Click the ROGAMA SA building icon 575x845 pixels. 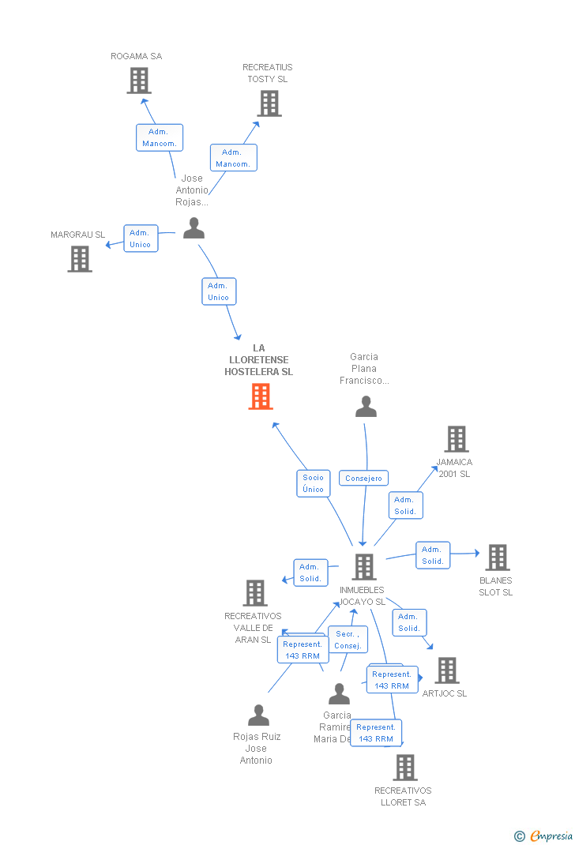pos(139,81)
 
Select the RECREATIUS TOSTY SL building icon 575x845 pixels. pos(269,103)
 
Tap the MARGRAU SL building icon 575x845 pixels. pos(80,259)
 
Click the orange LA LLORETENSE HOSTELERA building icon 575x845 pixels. pos(261,396)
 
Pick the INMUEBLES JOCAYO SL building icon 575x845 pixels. pos(363,567)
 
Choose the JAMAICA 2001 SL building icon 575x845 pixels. pos(457,439)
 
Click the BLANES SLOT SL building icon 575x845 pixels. pos(497,558)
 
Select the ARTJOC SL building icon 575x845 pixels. pos(447,670)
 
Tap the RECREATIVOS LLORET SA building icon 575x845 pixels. pos(404,767)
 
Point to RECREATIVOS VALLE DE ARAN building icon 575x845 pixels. pos(254,593)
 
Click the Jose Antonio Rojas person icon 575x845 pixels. pos(194,228)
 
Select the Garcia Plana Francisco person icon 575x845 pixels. pos(366,407)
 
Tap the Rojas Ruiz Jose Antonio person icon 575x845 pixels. pos(258,715)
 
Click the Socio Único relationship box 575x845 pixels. pos(313,483)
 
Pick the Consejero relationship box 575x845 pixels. pos(363,479)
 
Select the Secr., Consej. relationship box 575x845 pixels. pos(348,640)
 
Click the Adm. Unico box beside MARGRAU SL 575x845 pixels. pos(141,238)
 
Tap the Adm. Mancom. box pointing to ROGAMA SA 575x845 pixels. pos(160,138)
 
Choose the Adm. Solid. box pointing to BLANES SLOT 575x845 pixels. pos(433,555)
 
